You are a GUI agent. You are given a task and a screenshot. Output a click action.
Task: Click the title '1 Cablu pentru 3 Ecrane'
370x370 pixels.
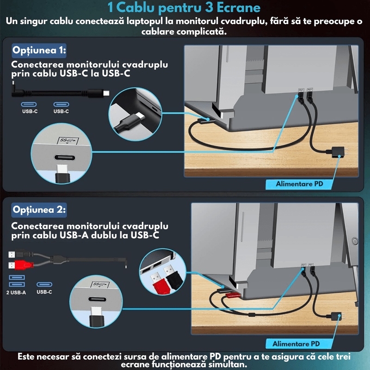tap(184, 7)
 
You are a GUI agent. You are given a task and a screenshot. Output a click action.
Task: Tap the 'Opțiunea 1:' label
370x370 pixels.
tap(39, 50)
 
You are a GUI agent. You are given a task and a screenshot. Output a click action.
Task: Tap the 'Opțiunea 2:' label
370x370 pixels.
tap(39, 210)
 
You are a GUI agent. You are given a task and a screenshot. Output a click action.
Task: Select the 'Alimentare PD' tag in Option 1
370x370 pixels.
tap(299, 184)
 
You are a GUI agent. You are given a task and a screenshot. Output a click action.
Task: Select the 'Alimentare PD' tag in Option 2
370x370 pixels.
tap(296, 344)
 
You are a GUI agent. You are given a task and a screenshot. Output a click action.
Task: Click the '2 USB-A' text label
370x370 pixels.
tap(16, 293)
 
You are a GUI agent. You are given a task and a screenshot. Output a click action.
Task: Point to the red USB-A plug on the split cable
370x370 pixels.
tap(21, 265)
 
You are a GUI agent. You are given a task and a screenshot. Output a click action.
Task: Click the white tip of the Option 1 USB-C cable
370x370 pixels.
tap(106, 93)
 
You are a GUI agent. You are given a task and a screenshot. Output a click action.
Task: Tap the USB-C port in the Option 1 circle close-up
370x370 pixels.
tap(65, 157)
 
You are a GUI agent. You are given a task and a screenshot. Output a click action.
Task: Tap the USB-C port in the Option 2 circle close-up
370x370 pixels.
tap(97, 299)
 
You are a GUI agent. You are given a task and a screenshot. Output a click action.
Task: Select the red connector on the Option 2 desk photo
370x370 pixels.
tap(233, 295)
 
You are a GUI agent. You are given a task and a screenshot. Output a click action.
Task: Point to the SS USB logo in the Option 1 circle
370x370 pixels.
tap(68, 141)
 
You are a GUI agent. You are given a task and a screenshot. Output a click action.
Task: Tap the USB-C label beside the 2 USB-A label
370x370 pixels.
tap(44, 292)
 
